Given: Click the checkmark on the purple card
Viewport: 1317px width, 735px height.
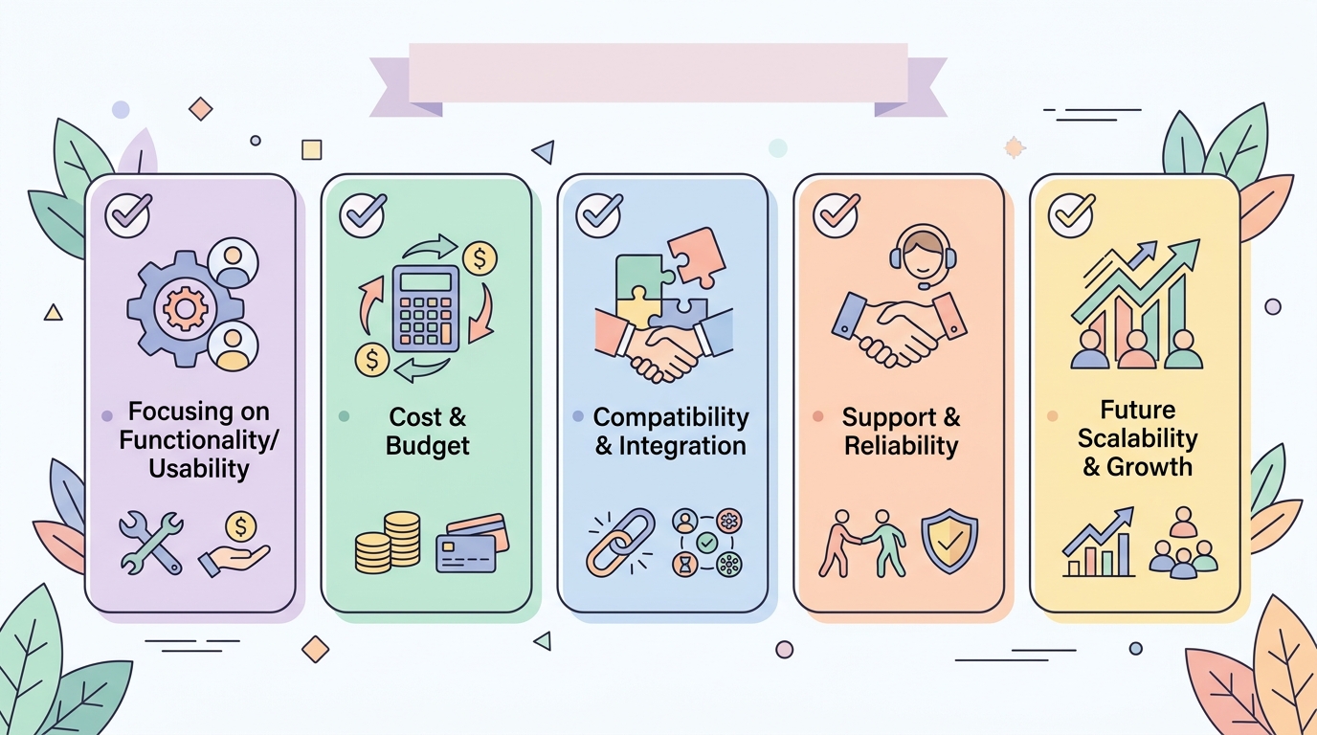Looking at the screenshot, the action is (128, 214).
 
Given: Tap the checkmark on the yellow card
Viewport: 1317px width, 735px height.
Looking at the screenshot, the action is (1071, 214).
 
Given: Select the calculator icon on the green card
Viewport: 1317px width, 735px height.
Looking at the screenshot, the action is (426, 309).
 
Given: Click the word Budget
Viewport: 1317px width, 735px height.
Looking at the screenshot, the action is (428, 446).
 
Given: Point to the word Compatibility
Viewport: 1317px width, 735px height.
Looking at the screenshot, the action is (671, 417).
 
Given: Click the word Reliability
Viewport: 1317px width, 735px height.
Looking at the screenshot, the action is (902, 446).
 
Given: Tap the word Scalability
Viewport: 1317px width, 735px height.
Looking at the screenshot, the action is (1138, 438).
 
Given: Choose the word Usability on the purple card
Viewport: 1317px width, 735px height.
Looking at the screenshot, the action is (199, 469).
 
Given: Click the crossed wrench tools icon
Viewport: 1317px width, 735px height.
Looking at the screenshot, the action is (151, 542).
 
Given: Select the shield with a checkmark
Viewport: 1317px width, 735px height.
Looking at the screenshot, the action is (949, 541).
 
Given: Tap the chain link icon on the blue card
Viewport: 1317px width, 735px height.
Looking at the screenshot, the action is (621, 542).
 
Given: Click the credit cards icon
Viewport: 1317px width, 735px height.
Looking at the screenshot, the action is (472, 544).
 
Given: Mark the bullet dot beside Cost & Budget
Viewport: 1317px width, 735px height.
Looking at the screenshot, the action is (344, 416).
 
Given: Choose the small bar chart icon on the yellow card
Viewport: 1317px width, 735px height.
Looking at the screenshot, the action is (1098, 542).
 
